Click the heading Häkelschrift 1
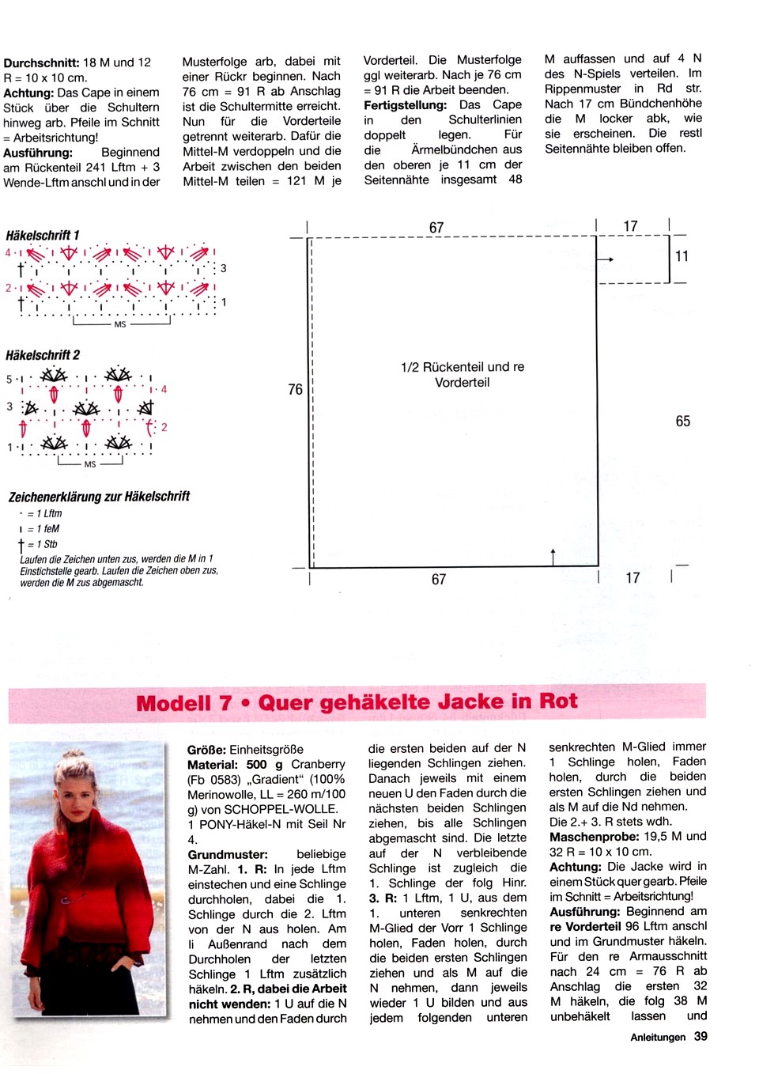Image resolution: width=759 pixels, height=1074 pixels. (43, 236)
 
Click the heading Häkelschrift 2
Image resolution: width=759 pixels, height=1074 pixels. (43, 355)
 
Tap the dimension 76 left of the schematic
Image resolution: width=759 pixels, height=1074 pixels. (295, 389)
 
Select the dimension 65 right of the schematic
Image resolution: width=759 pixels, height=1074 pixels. (683, 422)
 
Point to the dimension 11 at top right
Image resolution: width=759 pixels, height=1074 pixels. (682, 256)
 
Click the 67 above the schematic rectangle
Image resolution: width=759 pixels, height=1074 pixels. (436, 228)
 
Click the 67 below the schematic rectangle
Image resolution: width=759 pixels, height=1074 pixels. (439, 580)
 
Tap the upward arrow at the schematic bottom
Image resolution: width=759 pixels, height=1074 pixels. (553, 555)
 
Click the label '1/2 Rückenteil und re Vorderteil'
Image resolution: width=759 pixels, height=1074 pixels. (463, 375)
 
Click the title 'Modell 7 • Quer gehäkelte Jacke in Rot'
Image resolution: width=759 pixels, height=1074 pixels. (357, 702)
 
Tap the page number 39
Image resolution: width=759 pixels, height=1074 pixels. (700, 1037)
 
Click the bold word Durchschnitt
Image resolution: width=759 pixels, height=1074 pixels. (41, 62)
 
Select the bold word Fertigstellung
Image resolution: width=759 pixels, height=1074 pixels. (405, 105)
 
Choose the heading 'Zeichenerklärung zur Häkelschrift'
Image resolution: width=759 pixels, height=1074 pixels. (100, 497)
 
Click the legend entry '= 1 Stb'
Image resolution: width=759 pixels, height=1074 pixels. (41, 544)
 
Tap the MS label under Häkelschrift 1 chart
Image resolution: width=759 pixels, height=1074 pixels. (120, 324)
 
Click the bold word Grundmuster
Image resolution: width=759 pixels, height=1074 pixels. (228, 855)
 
